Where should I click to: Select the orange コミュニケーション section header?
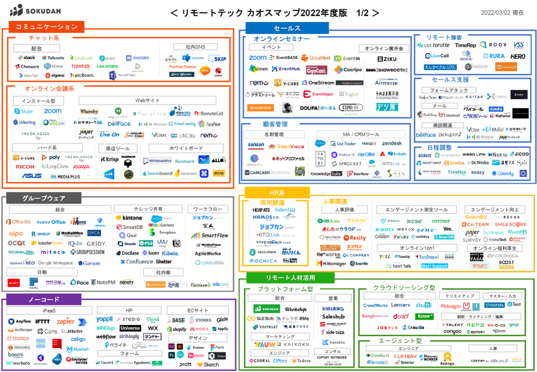click(47, 27)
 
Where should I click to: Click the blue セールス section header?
click(287, 28)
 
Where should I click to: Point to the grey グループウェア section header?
click(44, 198)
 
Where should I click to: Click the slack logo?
click(26, 58)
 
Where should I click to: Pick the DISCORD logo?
click(137, 58)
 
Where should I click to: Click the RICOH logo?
click(25, 167)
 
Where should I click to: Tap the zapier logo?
click(66, 321)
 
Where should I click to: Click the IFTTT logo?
click(42, 321)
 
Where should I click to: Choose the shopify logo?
click(177, 329)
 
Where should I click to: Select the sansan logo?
click(255, 145)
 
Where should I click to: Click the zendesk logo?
click(391, 143)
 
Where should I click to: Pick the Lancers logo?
click(401, 305)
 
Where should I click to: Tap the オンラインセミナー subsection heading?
click(282, 39)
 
